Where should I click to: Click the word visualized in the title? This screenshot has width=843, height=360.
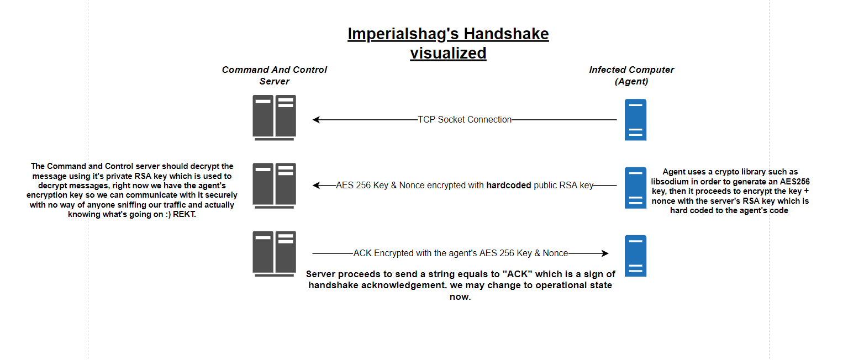448,53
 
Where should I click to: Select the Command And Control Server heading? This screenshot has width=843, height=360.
275,76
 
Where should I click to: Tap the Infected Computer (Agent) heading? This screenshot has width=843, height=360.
631,76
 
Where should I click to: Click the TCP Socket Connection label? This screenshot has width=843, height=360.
465,120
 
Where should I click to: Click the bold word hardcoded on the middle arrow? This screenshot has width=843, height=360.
508,186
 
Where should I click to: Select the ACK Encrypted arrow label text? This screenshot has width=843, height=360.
461,253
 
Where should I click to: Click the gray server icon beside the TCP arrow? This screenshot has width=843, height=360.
275,117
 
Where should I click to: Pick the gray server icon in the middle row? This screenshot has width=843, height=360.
275,185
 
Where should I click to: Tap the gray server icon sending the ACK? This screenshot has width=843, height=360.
275,253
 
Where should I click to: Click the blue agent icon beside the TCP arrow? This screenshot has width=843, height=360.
635,120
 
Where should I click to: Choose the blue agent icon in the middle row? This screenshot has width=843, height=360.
635,188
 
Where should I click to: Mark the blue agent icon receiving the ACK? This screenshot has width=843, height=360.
635,256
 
